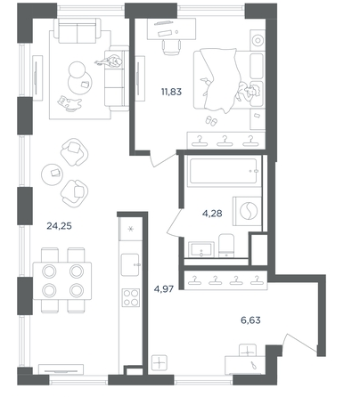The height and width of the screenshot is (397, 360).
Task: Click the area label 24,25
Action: click(59, 226)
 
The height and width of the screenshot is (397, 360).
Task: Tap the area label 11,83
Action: click(171, 92)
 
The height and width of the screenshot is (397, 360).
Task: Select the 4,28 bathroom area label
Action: click(212, 213)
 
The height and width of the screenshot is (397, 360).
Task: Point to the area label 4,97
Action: click(164, 288)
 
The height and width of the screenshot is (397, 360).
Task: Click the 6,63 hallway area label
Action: click(250, 320)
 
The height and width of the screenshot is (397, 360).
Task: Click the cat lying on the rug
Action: click(70, 103)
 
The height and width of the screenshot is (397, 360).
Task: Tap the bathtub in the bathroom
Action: click(224, 171)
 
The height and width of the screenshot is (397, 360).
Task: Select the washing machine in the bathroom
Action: click(247, 211)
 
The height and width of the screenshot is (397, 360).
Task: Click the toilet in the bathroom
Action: click(226, 246)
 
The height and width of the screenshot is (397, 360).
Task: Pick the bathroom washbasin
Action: click(201, 249)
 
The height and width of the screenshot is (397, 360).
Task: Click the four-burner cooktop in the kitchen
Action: click(130, 297)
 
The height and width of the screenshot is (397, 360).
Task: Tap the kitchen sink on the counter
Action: click(130, 264)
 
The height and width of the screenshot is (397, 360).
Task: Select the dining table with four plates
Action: click(62, 280)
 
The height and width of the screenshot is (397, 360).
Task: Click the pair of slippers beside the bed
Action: click(211, 120)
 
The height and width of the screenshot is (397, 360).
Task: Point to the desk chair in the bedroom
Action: click(172, 47)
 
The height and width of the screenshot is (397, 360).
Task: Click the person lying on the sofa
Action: click(110, 62)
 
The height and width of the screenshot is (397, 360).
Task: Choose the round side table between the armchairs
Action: click(53, 174)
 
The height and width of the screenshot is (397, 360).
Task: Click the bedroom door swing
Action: click(163, 159)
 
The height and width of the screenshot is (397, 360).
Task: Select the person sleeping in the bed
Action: click(248, 93)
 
